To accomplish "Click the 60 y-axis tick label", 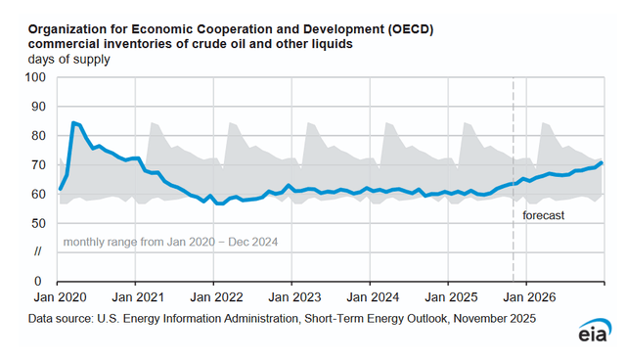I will [35, 194].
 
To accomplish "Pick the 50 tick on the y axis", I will [35, 223].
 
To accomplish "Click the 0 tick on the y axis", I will [39, 282].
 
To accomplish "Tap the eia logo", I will [590, 333].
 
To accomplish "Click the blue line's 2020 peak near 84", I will [74, 123].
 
